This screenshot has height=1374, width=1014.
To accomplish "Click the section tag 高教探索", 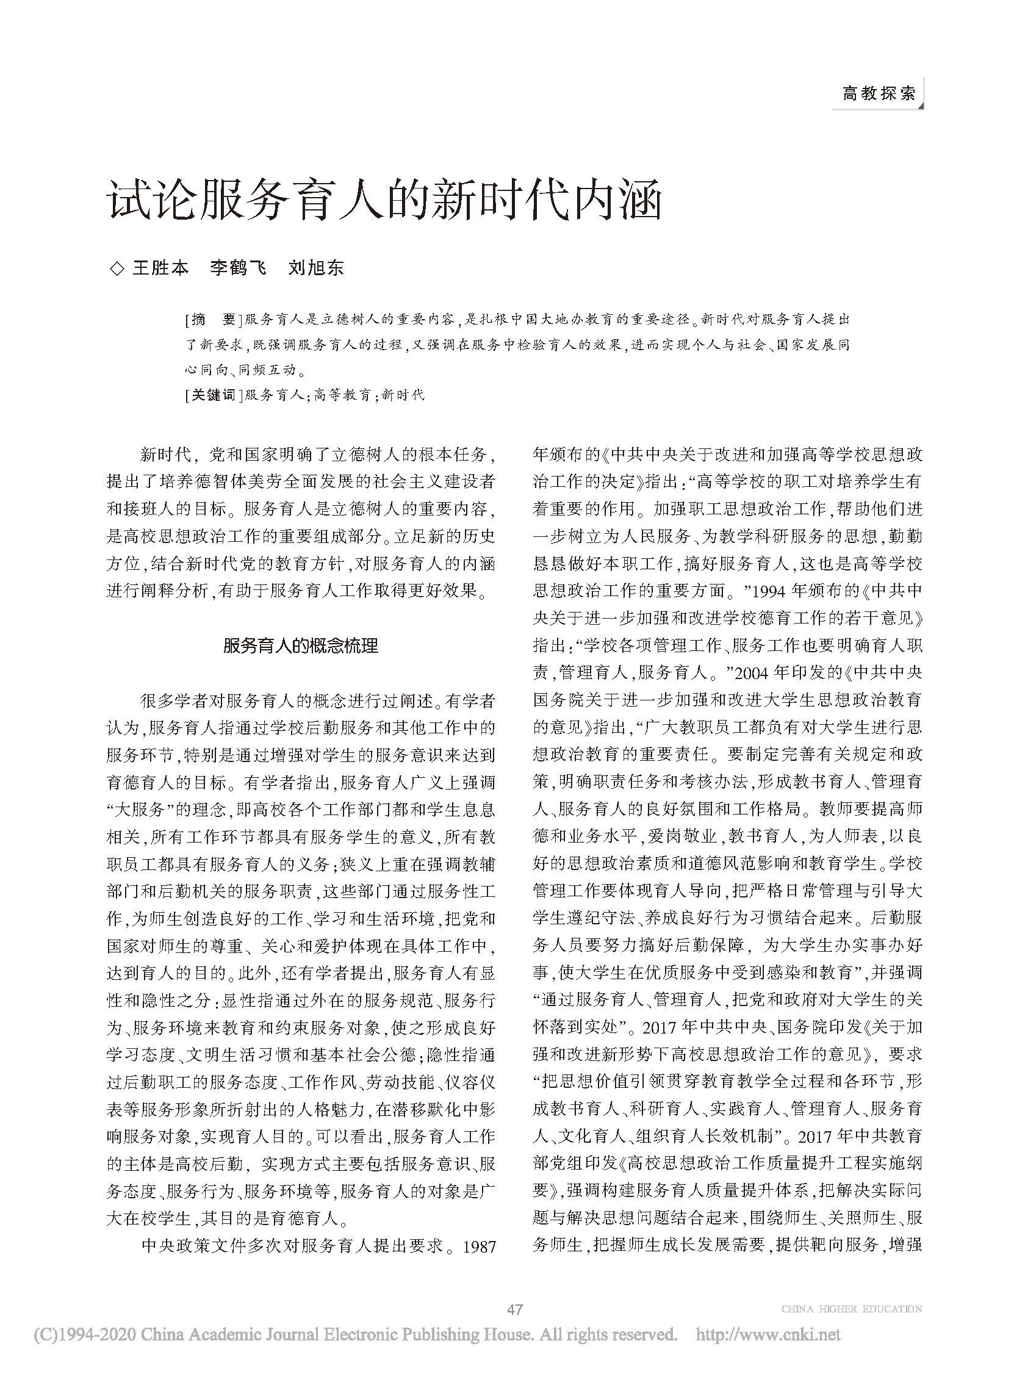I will pos(879,93).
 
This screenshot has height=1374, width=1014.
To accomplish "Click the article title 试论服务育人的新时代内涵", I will pos(385,201).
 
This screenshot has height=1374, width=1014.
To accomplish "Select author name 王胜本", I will pos(161,268).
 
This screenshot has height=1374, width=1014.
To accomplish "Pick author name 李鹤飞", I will pos(238,268).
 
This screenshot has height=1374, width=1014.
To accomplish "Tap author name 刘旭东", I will pos(316,268).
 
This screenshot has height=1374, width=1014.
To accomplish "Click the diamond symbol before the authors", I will pos(115,268).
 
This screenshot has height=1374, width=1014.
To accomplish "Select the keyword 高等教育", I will pos(341,395).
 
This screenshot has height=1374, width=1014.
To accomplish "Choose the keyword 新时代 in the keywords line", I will pos(403,395).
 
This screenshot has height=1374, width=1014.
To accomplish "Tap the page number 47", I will pos(514,1309).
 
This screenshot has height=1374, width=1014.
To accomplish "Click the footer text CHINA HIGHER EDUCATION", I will pos(851,1309).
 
